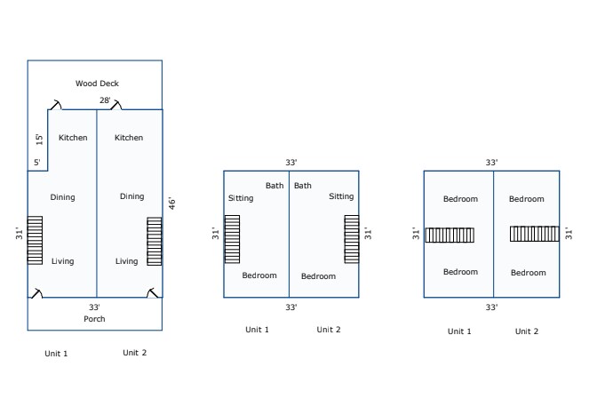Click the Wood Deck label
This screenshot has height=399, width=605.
click(97, 84)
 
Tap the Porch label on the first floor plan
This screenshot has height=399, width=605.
click(94, 318)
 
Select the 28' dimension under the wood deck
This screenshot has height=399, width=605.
click(105, 100)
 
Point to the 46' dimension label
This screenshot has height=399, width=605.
click(172, 203)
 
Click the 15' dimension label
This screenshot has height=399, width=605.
click(39, 139)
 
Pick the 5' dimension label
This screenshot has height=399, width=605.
click(36, 163)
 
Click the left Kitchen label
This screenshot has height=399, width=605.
click(73, 138)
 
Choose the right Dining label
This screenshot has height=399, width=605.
click(131, 196)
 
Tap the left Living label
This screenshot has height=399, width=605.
click(62, 261)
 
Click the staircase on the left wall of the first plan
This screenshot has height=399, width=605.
click(35, 240)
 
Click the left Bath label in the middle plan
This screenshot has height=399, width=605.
click(274, 186)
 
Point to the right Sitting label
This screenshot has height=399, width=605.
click(341, 196)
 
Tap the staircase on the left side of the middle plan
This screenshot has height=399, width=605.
click(232, 238)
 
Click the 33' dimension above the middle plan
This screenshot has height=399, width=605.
click(291, 163)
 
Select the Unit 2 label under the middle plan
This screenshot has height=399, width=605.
click(328, 330)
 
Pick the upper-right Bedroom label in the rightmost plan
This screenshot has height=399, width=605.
click(526, 199)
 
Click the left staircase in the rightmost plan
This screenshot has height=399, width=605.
click(450, 235)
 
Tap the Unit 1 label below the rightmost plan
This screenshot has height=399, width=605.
click(459, 331)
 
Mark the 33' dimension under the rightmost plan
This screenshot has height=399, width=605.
click(491, 307)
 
